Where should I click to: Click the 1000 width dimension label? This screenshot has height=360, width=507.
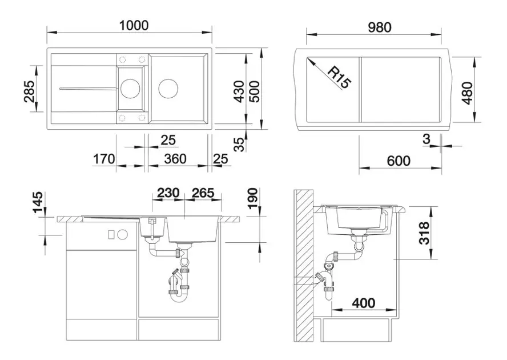134,25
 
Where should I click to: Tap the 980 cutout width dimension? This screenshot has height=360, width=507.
380,27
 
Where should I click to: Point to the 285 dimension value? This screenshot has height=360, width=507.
29,91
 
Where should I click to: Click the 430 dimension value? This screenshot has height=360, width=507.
239,91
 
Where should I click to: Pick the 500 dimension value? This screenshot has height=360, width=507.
255,91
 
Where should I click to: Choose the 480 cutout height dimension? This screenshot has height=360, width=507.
467,93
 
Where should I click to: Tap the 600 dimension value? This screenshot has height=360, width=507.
399,161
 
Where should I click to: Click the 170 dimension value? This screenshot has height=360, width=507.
104,159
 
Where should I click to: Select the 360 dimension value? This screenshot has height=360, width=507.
175,159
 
